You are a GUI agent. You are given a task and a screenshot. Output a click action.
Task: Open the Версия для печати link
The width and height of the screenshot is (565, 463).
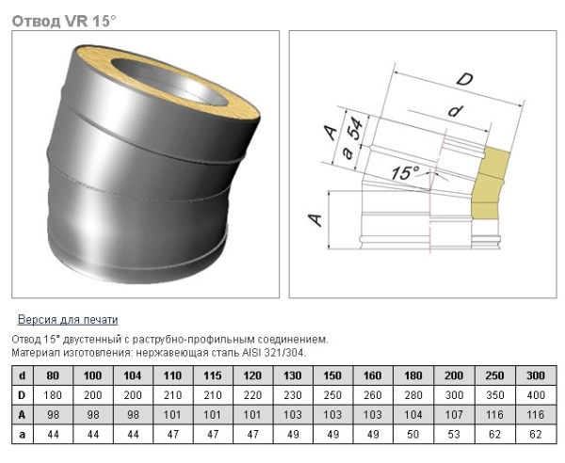click(68, 320)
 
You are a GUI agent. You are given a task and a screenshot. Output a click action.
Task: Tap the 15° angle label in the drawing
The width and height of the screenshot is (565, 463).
click(407, 173)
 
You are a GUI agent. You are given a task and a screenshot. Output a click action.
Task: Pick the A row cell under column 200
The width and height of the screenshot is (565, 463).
click(455, 415)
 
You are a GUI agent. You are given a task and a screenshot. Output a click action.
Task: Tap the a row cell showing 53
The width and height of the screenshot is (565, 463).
click(455, 435)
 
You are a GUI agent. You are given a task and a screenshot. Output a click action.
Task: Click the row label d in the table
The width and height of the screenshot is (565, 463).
click(23, 375)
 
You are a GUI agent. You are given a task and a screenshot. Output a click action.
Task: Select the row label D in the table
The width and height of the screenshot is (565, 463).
click(23, 395)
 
